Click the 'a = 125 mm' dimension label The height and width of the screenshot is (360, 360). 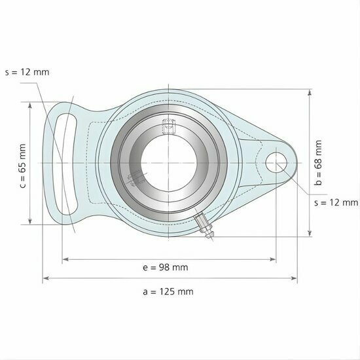click(168, 291)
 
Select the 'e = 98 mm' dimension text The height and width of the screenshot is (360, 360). click(165, 267)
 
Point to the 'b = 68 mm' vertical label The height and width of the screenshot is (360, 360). click(319, 164)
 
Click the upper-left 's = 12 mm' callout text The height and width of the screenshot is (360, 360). click(27, 72)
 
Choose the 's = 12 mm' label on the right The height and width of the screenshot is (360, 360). click(336, 203)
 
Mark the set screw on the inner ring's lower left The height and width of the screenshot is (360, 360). click(135, 178)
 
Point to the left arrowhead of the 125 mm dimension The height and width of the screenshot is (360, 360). click(45, 279)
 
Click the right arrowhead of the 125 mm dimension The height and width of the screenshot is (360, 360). click(295, 279)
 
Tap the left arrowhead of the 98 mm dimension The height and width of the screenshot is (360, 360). click(64, 260)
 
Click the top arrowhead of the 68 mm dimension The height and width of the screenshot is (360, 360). click(310, 92)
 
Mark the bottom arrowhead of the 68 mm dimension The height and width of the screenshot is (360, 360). click(310, 234)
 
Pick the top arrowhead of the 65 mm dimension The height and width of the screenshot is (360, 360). click(31, 104)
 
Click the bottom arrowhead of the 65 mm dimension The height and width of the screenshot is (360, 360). click(31, 222)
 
